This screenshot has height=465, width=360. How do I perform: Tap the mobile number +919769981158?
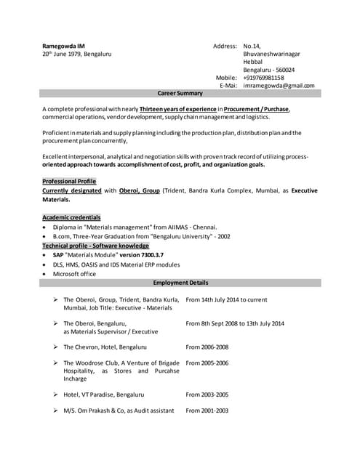[263, 78]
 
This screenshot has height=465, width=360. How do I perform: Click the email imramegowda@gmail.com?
[279, 86]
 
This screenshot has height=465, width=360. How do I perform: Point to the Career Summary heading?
[180, 94]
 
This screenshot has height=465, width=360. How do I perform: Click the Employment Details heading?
[180, 283]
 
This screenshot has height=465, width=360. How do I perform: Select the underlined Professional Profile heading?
[69, 181]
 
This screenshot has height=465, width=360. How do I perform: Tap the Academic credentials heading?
[71, 217]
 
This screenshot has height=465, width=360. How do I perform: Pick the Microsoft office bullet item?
[74, 274]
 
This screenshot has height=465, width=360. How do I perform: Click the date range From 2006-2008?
[207, 347]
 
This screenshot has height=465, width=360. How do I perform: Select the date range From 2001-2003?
[207, 411]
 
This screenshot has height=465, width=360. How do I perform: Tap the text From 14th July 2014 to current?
[226, 299]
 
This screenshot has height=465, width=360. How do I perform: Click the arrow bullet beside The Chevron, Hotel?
[55, 347]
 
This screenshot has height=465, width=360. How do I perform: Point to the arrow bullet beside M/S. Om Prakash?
[55, 411]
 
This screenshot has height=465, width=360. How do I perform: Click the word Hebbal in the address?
[253, 62]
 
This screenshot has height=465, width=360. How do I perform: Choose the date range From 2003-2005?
[207, 395]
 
